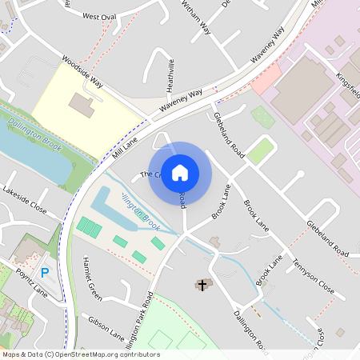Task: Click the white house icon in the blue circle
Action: (180, 173)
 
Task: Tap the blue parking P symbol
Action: (45, 273)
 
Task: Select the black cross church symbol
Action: (202, 284)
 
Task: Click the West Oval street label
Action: (99, 16)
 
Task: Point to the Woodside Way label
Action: (83, 70)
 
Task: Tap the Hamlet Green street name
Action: (93, 279)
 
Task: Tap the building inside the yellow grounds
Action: (80, 103)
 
